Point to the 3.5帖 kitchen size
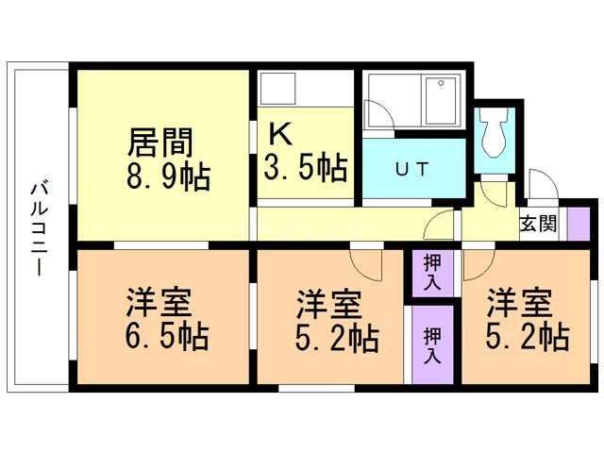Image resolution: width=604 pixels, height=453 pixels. click(305, 169)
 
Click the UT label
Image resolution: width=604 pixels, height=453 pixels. click(411, 170)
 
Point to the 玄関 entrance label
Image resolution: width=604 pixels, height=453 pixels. click(538, 225)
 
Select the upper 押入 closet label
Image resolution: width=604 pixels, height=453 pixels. click(432, 273)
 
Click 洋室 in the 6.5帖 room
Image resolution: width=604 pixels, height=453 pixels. click(160, 304)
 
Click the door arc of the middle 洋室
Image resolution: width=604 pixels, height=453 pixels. click(366, 261)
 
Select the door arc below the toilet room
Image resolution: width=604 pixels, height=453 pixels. click(492, 194)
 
